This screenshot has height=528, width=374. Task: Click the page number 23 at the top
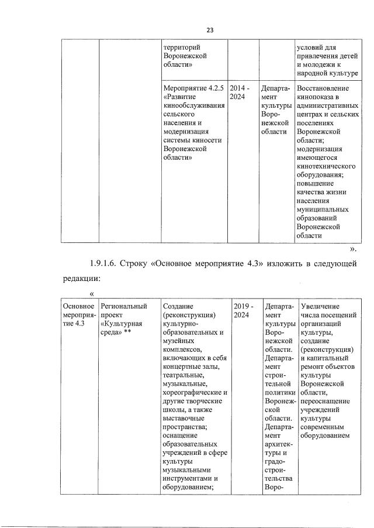209,30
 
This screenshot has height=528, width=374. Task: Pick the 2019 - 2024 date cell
244,310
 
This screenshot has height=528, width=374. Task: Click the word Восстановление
327,88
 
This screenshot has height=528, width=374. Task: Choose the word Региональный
123,306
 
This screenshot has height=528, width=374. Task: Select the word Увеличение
320,306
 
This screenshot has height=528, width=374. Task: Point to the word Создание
178,306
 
